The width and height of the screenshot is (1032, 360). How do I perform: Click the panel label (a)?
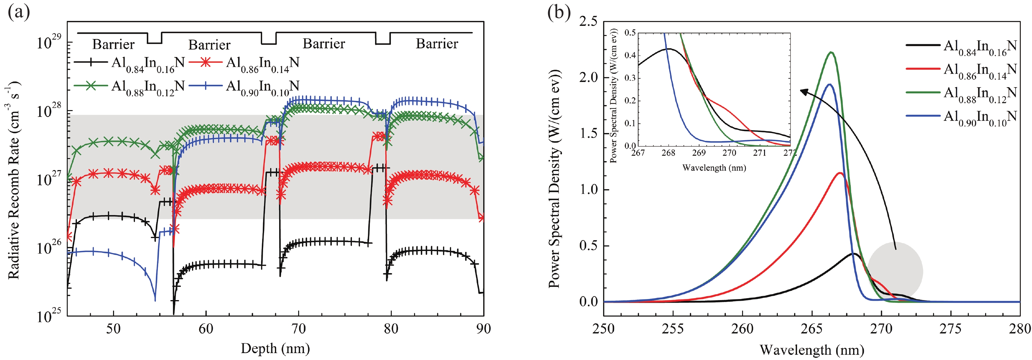coord(18,13)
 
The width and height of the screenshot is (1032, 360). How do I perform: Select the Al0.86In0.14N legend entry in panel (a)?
coord(262,64)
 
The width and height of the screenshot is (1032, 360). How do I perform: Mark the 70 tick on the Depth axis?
coord(298,329)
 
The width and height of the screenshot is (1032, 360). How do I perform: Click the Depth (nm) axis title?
coord(275,349)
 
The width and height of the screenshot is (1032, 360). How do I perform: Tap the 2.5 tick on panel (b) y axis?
coord(588,21)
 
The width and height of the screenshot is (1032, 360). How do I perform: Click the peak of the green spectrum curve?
coord(832,52)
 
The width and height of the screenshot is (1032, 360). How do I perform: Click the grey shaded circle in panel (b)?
coord(895,272)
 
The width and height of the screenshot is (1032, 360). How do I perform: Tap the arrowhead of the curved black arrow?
coord(801,91)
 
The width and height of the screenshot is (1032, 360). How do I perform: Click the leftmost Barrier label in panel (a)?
coord(113,44)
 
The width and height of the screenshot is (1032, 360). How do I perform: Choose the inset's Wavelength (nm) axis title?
coord(714,168)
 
